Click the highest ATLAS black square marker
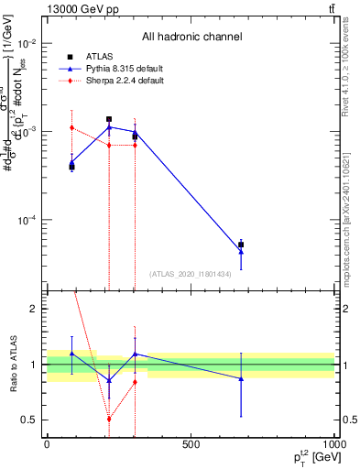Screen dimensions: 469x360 (x=109, y=119)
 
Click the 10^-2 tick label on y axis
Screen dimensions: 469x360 (x=26, y=44)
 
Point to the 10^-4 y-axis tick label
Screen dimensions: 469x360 (x=26, y=221)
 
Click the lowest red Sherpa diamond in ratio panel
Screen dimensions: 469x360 (x=109, y=419)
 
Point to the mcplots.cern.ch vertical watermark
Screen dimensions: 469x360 (x=354, y=220)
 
